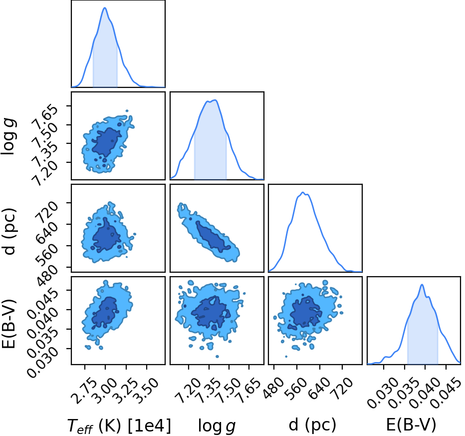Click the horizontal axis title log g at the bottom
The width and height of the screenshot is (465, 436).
pyautogui.click(x=217, y=426)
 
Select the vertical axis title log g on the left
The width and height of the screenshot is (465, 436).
pyautogui.click(x=8, y=136)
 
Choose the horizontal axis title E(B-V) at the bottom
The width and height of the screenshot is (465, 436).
pyautogui.click(x=411, y=425)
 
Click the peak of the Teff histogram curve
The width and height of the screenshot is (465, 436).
pyautogui.click(x=105, y=7)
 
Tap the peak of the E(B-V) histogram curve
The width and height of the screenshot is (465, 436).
pyautogui.click(x=422, y=285)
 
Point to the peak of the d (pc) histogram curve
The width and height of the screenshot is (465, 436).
pyautogui.click(x=303, y=192)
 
